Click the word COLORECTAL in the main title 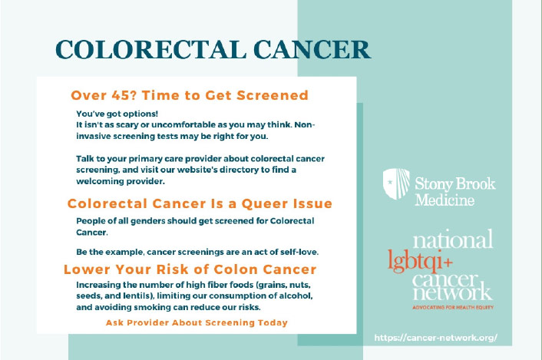tap(150, 49)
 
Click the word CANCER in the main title tap(312, 49)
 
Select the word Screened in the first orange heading tap(273, 95)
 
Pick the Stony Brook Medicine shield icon tap(396, 183)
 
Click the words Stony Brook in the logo tap(455, 184)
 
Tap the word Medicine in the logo tap(445, 200)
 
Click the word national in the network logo tap(453, 239)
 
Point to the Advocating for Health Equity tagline tap(453, 307)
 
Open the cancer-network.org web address tap(436, 338)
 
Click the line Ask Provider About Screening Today tap(197, 322)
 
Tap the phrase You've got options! tap(117, 114)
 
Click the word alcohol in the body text tap(296, 296)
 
